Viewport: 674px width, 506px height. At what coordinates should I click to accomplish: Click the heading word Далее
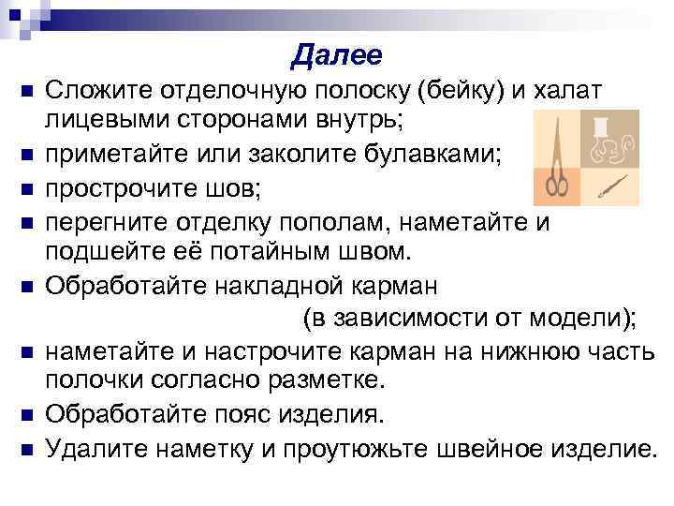pos(336,56)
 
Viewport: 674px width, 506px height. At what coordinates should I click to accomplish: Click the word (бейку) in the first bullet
pos(462,90)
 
